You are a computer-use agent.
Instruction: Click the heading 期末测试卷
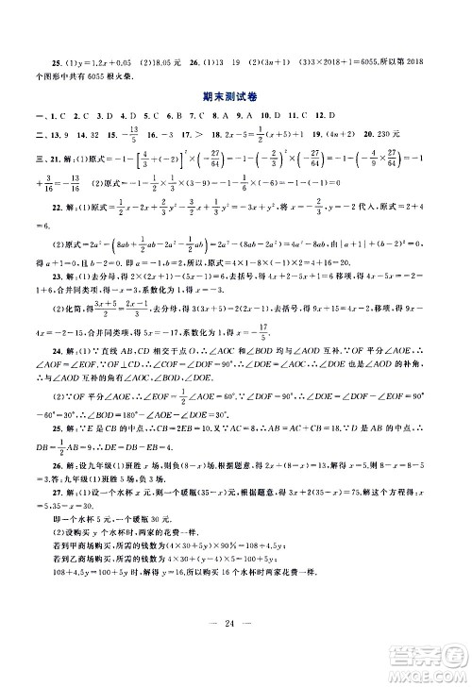(236, 95)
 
